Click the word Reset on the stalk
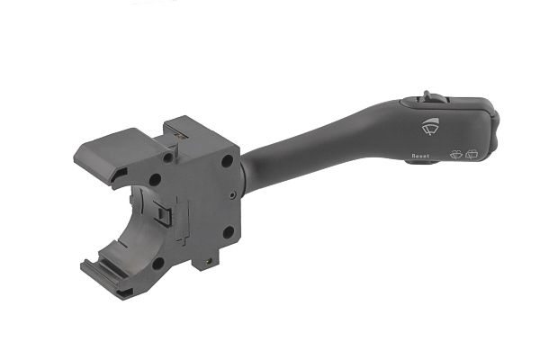pos(420,156)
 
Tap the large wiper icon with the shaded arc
pos(430,126)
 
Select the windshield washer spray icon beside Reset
pos(455,155)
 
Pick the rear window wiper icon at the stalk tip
pos(472,154)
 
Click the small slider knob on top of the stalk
pos(427,96)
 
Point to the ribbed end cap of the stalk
pos(494,130)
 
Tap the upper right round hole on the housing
pos(227,161)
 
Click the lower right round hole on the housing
pos(228,232)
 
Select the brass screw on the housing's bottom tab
pos(208,263)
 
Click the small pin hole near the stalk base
pos(233,195)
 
